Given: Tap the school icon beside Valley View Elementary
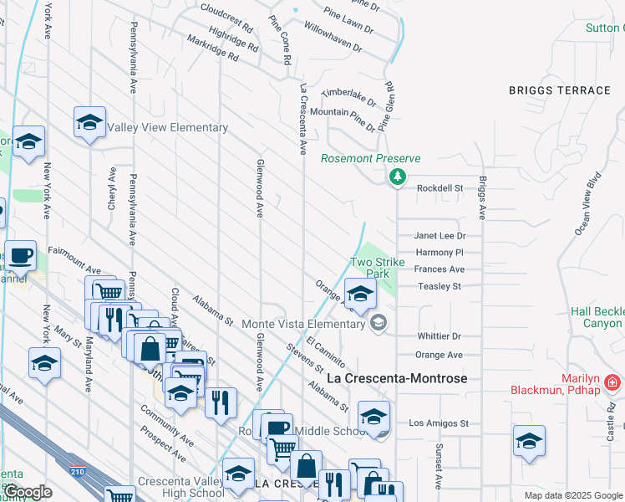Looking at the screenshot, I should (x=89, y=124).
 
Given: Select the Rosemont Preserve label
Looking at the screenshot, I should (x=371, y=158).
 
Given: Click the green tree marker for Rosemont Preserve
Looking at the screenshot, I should (x=397, y=177).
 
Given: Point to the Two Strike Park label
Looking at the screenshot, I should (x=377, y=268).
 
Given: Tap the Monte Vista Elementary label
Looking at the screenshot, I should (x=306, y=323).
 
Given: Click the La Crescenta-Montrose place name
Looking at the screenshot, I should (x=396, y=378).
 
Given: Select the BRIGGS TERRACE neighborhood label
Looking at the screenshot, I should (x=560, y=90).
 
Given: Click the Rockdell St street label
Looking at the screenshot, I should (x=440, y=188).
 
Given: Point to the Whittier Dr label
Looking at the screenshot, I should (x=440, y=336).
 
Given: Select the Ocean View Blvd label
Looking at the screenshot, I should (x=586, y=204).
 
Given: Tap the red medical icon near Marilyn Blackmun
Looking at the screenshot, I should (x=613, y=383).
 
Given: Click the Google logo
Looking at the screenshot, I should (x=28, y=491).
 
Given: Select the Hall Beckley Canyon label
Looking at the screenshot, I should (x=597, y=317).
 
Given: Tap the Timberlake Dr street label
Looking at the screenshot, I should (x=349, y=95).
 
